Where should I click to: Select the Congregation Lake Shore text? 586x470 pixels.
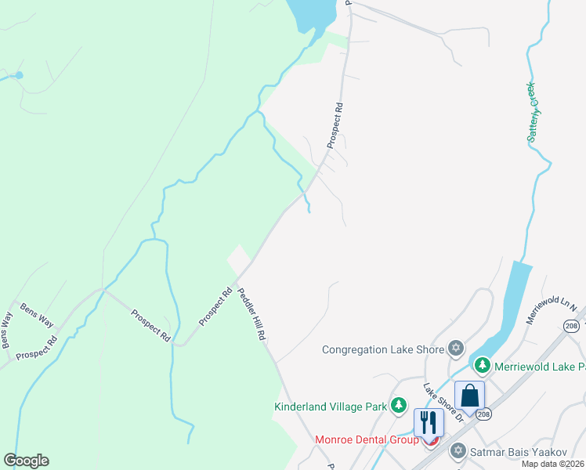[383, 349]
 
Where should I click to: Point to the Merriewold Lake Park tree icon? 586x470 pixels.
[483, 366]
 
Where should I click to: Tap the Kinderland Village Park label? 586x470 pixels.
[331, 407]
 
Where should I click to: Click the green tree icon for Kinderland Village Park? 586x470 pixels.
[400, 405]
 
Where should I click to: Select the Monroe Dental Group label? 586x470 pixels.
[367, 440]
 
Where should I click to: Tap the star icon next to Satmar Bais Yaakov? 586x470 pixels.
[458, 451]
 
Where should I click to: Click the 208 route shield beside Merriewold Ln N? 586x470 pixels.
[570, 325]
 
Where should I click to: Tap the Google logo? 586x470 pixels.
[26, 461]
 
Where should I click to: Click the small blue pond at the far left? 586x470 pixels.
[19, 75]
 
